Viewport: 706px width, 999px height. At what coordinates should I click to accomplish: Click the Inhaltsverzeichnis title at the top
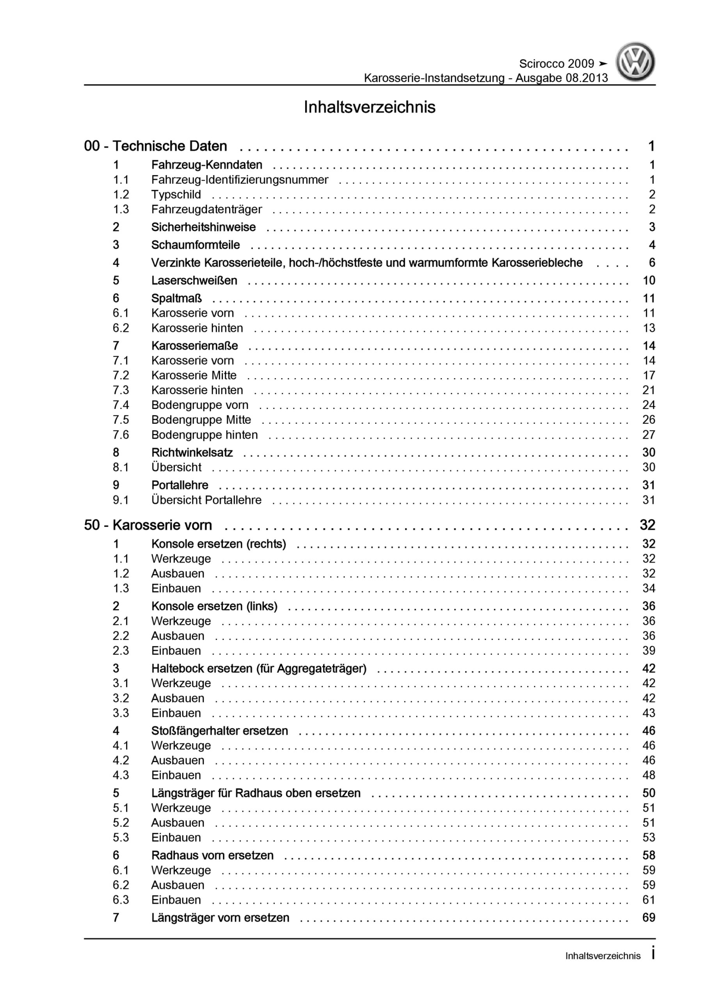point(369,107)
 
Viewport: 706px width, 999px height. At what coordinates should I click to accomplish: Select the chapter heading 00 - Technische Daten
point(155,146)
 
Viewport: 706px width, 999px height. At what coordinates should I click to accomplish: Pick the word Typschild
point(176,194)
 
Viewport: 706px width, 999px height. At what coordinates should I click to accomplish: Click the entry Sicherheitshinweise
point(203,227)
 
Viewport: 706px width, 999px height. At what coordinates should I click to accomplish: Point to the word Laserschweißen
point(194,281)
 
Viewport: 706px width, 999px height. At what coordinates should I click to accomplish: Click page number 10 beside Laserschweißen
point(649,281)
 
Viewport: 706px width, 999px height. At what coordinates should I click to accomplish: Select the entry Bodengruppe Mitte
point(201,420)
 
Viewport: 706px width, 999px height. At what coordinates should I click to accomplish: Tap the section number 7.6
point(121,435)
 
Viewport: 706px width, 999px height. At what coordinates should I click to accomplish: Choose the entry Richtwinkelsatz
point(192,453)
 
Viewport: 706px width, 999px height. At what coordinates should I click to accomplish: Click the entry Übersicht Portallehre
point(206,500)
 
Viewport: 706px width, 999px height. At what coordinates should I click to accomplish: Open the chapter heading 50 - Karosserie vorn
point(148,525)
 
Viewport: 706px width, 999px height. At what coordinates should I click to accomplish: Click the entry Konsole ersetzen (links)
point(214,606)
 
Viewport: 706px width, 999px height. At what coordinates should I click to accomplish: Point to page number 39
point(649,651)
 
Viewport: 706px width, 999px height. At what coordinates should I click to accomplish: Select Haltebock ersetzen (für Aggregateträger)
point(258,668)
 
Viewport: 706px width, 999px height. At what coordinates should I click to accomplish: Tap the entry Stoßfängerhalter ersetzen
point(219,731)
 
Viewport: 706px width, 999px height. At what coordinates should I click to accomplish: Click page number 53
point(649,837)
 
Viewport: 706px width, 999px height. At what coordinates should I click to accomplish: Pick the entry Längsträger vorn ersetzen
point(220,917)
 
